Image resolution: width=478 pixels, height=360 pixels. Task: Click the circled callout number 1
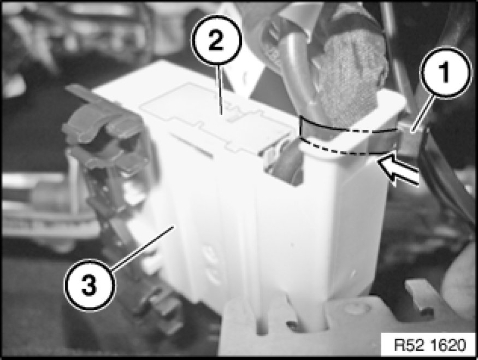tap(445, 72)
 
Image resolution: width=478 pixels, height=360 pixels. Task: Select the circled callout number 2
tap(216, 41)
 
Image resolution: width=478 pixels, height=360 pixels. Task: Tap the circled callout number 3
tap(90, 285)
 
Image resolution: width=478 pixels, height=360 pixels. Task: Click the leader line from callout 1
tap(424, 114)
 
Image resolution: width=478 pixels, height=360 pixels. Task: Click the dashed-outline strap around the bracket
tap(349, 136)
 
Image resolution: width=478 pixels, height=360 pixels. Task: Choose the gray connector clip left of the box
tap(104, 152)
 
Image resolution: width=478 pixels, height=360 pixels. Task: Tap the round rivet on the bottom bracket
tap(355, 308)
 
